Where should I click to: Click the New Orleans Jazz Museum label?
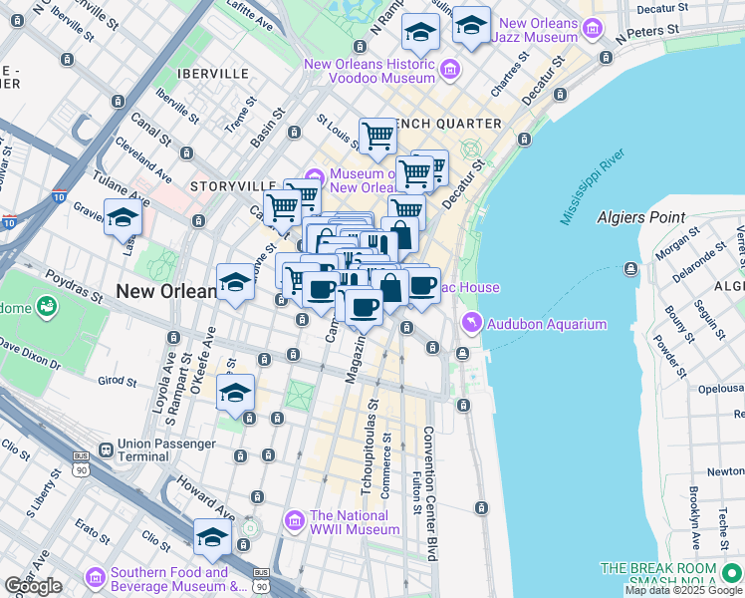[538, 30]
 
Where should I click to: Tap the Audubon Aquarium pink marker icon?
[471, 323]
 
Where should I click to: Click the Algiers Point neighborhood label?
[640, 217]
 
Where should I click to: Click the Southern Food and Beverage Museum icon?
[96, 578]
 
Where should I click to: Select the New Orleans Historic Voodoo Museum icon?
[449, 69]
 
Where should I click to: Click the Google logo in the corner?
[33, 585]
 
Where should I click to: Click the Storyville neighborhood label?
[232, 186]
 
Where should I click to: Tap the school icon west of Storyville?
[123, 217]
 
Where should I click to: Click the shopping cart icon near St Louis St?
[377, 137]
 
